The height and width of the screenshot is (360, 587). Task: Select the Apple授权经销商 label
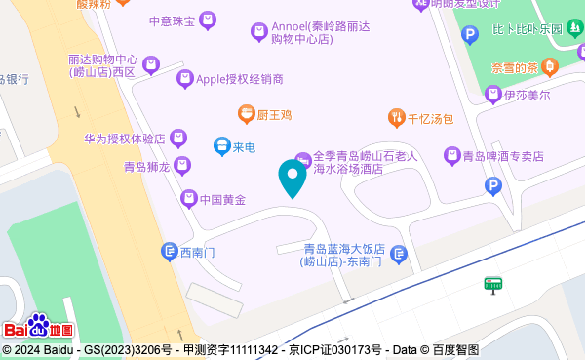click(240, 79)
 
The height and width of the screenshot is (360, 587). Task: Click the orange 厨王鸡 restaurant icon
click(246, 115)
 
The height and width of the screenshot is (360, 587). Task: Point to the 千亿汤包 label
click(430, 119)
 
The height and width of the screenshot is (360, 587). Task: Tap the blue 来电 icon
click(222, 147)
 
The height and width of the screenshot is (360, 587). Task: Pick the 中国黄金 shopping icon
click(189, 199)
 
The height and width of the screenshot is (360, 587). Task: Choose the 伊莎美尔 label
click(528, 95)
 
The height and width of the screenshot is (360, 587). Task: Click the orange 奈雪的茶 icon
click(549, 67)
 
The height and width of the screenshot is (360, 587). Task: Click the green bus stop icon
click(492, 285)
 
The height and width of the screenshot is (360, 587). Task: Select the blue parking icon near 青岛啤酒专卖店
click(493, 185)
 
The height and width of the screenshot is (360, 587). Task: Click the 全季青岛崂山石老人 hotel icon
click(302, 158)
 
